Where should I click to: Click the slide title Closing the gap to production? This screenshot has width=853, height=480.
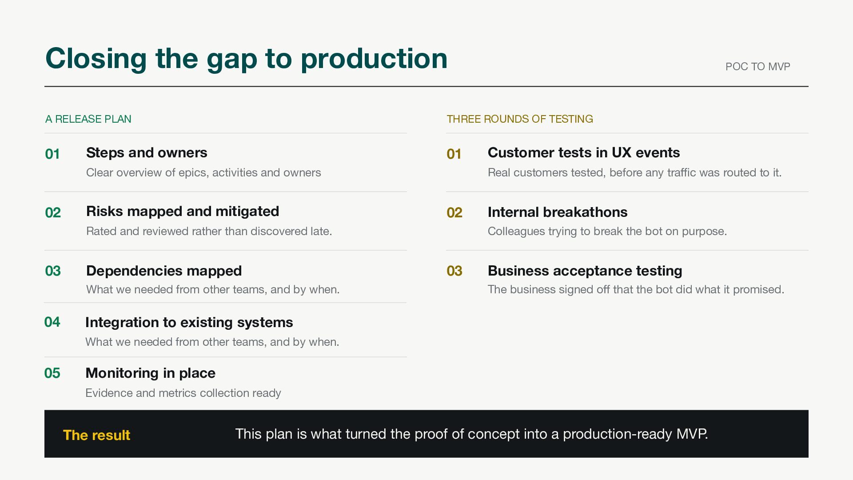pos(246,59)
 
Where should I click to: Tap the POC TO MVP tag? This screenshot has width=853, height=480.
pos(757,67)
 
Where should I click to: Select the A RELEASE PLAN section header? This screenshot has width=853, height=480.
pos(88,119)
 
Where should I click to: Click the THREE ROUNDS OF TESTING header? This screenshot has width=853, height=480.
pos(520,119)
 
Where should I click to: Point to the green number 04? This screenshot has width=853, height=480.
pos(52,322)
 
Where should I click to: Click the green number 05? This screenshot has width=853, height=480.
pos(52,373)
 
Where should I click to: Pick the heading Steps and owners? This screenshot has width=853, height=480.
pos(147,152)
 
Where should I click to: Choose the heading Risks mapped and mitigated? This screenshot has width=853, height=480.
pos(183,212)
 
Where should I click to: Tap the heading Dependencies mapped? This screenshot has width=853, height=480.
pos(164,271)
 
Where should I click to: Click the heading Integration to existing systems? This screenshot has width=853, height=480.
pos(189,322)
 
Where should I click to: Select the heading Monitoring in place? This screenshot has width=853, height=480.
pos(150,373)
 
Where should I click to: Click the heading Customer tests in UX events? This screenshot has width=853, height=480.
pos(584,152)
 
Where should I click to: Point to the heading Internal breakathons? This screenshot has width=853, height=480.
pos(558,212)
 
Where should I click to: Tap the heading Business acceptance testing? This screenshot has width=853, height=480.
pos(585,271)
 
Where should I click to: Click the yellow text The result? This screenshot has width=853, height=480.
pos(96,435)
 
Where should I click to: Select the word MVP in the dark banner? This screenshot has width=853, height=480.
pos(692,434)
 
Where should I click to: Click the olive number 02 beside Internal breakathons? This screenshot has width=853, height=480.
pos(454,212)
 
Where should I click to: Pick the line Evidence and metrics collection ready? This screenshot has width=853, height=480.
pos(183,393)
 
